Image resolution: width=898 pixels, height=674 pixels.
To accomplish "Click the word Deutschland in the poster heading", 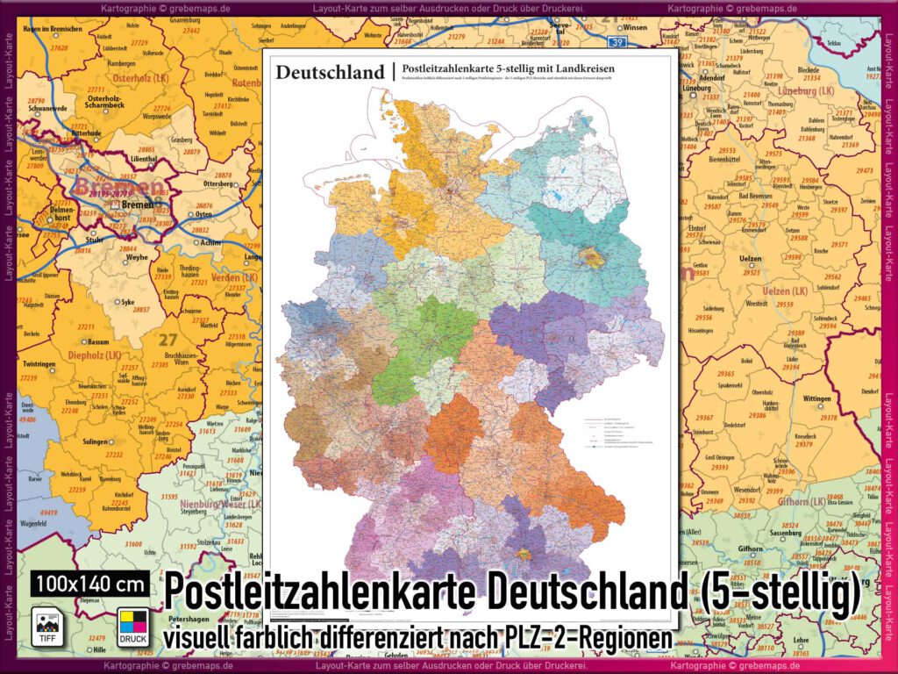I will tap(330, 72).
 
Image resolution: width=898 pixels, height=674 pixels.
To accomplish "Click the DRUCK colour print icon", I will tap(133, 626).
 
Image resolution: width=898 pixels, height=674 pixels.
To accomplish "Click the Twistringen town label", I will tap(39, 363).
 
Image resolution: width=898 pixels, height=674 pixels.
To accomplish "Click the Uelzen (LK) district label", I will tap(785, 290).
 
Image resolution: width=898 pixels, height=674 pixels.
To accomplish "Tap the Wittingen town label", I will tap(816, 398).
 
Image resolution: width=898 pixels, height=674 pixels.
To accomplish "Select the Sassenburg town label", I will tap(761, 532).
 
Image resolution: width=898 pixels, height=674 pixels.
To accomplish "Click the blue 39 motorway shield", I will tap(619, 41).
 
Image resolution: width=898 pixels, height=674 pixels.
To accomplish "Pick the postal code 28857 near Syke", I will tap(140, 310).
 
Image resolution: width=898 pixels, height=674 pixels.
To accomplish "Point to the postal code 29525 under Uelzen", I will tap(751, 273).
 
